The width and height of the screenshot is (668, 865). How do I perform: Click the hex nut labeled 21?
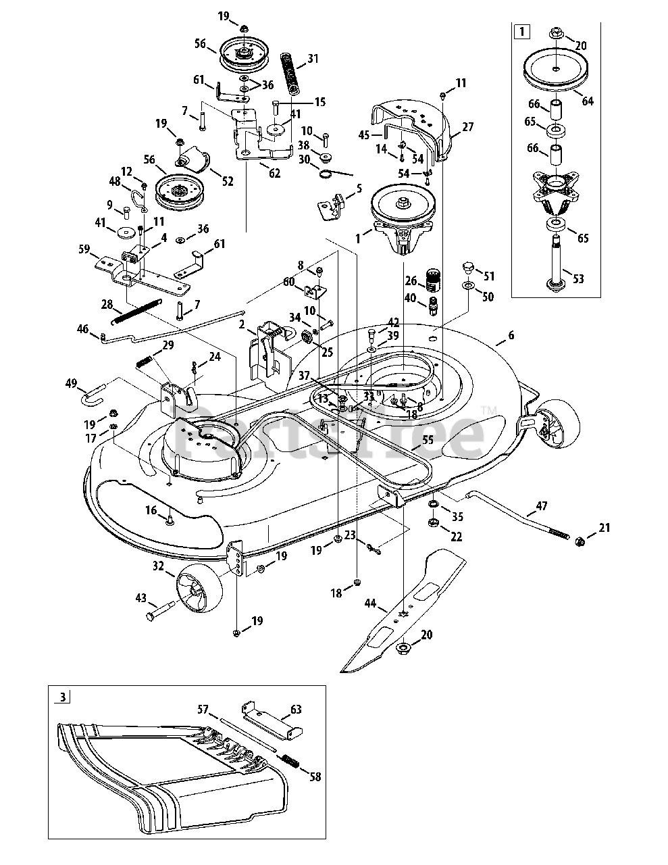pos(579,541)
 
